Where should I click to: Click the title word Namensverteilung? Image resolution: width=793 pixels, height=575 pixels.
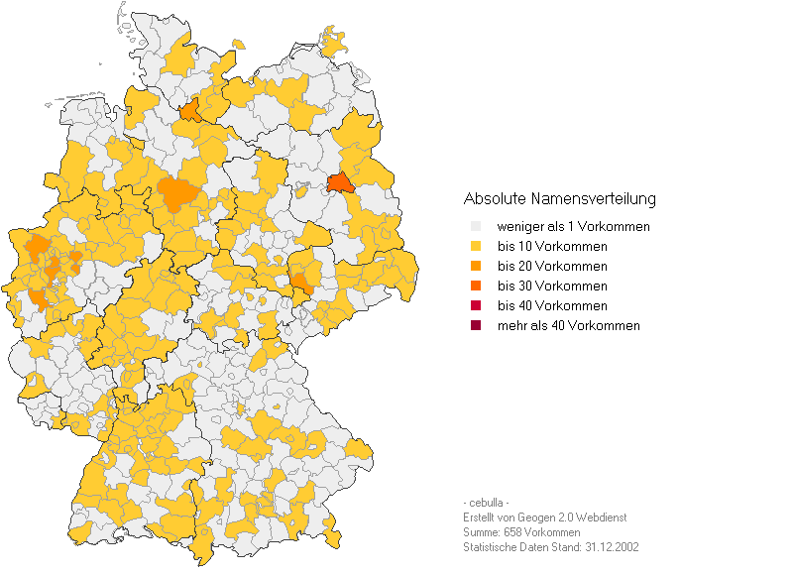point(595,199)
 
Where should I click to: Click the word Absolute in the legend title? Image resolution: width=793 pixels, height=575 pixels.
point(496,199)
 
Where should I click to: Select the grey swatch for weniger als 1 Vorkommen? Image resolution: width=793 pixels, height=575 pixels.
point(476,227)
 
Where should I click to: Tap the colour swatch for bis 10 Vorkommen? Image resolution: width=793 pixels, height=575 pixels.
point(476,247)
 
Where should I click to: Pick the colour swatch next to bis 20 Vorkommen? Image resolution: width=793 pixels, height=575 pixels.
point(476,267)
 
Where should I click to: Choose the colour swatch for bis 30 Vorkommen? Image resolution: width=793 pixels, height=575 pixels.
point(476,287)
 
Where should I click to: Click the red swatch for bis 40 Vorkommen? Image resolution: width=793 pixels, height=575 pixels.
point(476,306)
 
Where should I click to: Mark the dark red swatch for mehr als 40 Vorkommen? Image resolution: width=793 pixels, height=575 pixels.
point(476,326)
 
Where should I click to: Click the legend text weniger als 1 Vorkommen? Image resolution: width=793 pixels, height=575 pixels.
point(573,227)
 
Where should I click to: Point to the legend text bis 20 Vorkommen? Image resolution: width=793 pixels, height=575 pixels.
point(552,267)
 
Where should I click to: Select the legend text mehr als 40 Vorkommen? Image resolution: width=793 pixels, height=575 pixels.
point(568,326)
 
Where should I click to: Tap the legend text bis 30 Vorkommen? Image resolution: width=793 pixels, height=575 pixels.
point(552,287)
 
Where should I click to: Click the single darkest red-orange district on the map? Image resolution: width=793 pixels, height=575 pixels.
point(340,183)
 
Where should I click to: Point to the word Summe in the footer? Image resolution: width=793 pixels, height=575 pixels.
point(481,532)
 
